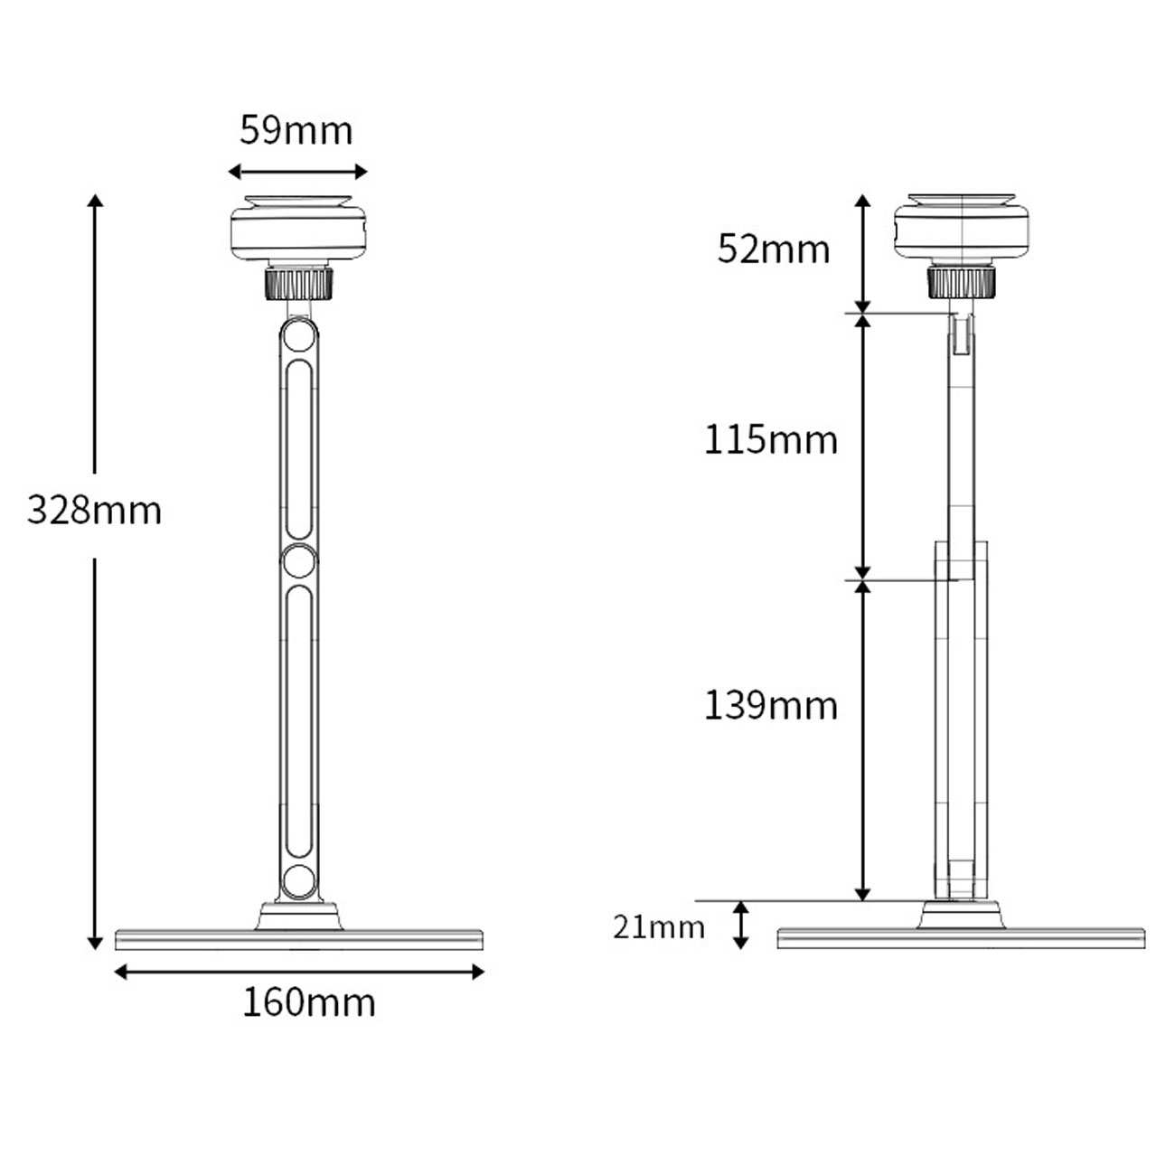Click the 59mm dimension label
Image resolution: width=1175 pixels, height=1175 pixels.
(x=296, y=130)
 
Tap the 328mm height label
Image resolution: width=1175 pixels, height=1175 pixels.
(x=95, y=510)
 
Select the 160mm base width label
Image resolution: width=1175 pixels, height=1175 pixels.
(x=308, y=1002)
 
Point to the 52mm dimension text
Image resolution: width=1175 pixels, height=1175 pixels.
(x=774, y=249)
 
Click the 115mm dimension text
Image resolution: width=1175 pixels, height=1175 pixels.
(x=771, y=439)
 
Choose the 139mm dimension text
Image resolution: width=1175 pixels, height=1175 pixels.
(x=771, y=706)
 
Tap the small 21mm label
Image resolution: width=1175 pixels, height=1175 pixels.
(x=659, y=927)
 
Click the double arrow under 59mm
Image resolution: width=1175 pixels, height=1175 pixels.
(x=297, y=172)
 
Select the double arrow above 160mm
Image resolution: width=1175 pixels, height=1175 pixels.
(x=299, y=972)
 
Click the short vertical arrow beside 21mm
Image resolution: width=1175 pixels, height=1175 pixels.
(x=740, y=925)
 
